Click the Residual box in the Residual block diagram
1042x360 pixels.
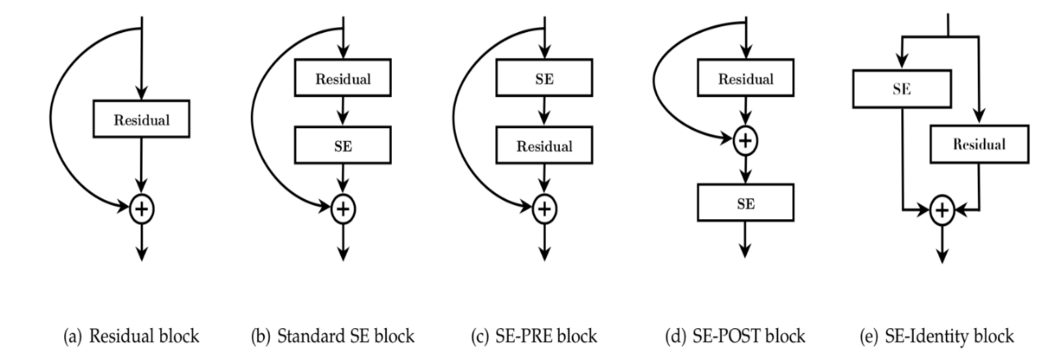coord(141,119)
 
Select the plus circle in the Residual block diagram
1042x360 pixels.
coord(141,209)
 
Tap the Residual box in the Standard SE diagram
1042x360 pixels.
coord(343,78)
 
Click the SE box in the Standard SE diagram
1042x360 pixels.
coord(343,145)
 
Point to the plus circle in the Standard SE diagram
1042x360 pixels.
coord(343,209)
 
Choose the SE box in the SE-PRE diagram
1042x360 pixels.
coord(544,78)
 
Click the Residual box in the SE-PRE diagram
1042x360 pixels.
coord(544,145)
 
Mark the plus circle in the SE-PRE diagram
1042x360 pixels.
coord(544,209)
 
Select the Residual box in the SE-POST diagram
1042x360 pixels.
coord(746,78)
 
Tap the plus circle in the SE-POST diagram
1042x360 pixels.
coord(745,140)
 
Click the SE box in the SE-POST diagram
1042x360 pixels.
coord(746,203)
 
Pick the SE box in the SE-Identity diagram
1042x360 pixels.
coord(902,89)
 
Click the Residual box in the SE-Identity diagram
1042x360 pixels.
coord(979,144)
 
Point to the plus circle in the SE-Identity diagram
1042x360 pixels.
coord(942,210)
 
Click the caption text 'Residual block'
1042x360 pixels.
coord(144,336)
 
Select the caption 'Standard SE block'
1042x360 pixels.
coord(346,336)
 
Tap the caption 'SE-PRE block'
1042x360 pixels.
coord(546,336)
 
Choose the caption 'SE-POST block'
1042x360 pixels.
coord(749,336)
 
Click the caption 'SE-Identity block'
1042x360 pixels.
coord(949,336)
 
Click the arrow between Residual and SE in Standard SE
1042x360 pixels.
coord(343,112)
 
